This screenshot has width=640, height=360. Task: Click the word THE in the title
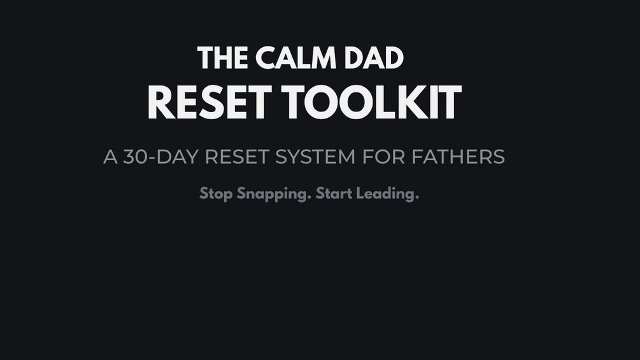click(x=222, y=58)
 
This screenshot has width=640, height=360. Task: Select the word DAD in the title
click(x=374, y=58)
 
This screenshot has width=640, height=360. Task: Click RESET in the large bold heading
click(x=210, y=102)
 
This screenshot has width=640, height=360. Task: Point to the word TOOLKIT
click(x=371, y=102)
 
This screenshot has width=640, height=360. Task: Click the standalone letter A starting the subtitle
click(x=111, y=157)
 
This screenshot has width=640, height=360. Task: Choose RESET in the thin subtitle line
click(x=237, y=157)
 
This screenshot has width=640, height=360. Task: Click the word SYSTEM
click(x=315, y=157)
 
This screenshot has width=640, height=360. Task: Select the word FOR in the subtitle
click(x=383, y=157)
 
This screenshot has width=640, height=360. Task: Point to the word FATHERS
click(x=458, y=157)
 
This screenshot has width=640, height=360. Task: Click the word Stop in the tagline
click(x=216, y=194)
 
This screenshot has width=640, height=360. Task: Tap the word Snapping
click(x=273, y=194)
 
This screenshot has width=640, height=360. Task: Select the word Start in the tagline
click(x=334, y=193)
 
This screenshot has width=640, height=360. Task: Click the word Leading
click(x=386, y=194)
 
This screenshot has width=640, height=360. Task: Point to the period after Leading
click(x=416, y=198)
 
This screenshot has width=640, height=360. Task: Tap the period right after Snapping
click(x=309, y=198)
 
